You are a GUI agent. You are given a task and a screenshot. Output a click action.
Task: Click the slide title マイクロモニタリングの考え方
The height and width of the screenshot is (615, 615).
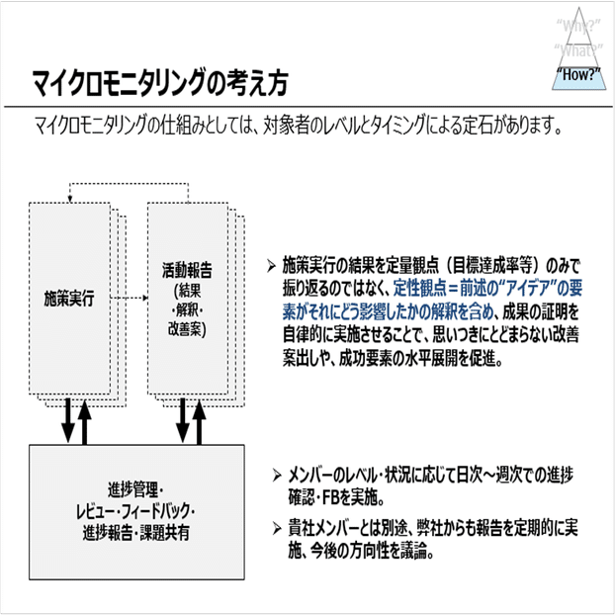158,84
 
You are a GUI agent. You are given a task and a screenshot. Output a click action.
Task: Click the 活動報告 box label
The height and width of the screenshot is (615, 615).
185,267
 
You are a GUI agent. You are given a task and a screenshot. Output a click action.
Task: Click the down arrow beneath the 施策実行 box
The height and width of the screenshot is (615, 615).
66,420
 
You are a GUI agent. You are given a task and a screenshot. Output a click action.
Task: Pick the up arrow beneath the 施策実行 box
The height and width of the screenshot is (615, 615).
85,418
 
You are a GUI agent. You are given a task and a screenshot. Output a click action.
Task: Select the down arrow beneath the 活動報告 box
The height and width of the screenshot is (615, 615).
182,418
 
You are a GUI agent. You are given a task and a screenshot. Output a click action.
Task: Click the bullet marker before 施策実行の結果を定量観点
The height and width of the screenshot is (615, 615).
272,265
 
